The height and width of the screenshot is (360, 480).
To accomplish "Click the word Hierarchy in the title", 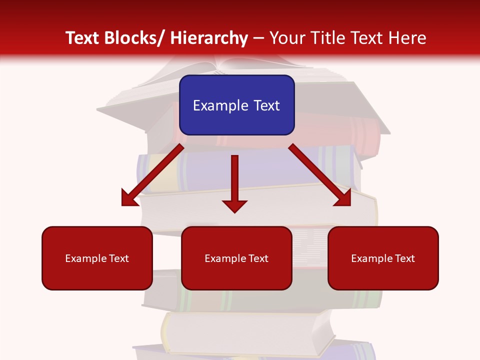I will click(209, 38).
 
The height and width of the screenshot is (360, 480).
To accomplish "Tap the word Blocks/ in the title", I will click(133, 38).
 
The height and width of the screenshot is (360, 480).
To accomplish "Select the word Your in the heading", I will click(286, 38).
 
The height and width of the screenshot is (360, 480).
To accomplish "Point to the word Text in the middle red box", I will click(256, 258).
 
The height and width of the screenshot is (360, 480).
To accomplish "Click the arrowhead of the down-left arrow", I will click(128, 198).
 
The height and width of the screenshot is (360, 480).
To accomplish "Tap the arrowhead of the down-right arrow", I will click(343, 198).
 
